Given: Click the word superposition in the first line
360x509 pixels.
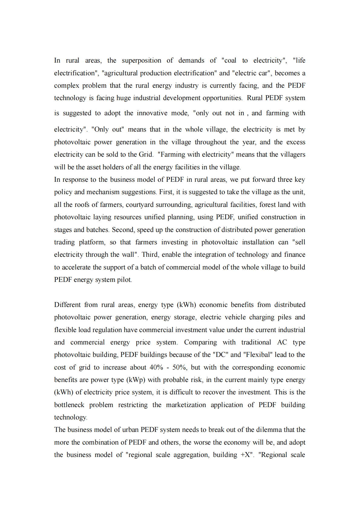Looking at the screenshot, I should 141,60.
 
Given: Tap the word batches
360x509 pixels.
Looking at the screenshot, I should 97,230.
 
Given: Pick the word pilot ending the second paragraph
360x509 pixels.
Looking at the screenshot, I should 124,280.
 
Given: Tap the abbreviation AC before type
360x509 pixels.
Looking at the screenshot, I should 282,342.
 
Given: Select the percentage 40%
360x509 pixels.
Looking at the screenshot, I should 156,367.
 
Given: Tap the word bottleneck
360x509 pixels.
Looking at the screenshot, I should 69,405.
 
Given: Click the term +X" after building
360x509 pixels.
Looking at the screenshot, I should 247,455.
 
